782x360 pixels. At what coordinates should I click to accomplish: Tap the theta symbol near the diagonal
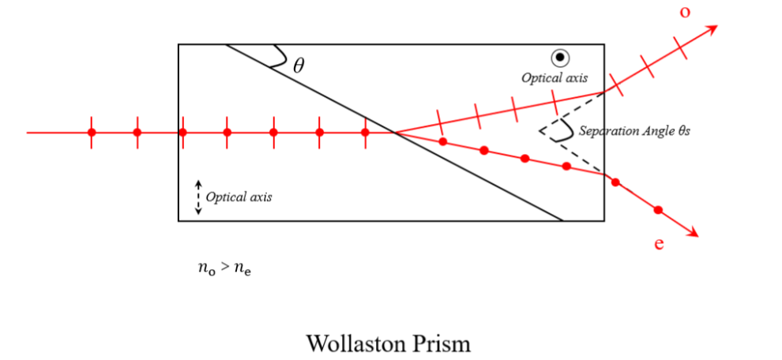[x=298, y=66]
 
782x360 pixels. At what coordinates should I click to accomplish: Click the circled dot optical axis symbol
[x=560, y=57]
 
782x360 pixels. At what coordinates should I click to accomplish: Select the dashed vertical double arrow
[x=198, y=197]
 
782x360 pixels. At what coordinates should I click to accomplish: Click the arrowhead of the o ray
[x=712, y=29]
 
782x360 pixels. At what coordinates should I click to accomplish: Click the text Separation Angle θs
[x=634, y=131]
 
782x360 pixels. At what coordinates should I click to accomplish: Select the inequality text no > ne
[x=224, y=268]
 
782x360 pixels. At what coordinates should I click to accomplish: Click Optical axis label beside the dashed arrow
[x=239, y=197]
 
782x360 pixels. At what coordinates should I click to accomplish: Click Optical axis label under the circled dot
[x=554, y=77]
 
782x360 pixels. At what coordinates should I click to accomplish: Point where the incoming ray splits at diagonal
[x=394, y=133]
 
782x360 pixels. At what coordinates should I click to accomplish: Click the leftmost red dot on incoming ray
[x=92, y=133]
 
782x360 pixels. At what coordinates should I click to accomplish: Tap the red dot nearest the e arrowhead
[x=658, y=210]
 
